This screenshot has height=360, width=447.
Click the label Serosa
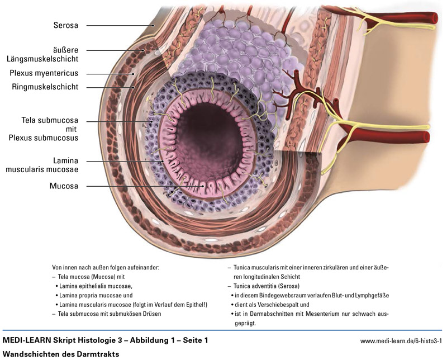pos(66,25)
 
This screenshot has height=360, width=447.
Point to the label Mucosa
pos(63,185)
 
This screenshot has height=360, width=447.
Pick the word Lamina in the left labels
pos(64,160)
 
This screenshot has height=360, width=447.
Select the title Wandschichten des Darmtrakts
pos(61,354)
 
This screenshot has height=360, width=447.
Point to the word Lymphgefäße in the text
pos(374,295)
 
